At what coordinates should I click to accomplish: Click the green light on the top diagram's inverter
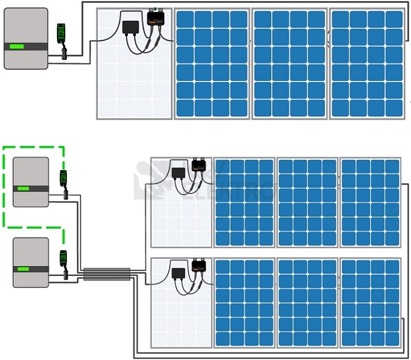coord(17,46)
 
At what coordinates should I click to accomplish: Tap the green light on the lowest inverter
coord(23,268)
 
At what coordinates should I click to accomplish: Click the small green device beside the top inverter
coord(61,33)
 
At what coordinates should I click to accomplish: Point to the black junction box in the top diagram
coord(131,27)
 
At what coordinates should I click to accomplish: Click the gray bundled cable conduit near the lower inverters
coord(107,274)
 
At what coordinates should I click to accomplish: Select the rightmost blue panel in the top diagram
coord(367,64)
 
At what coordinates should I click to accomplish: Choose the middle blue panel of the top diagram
coord(290,64)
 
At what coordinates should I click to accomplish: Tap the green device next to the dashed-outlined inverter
coord(63,178)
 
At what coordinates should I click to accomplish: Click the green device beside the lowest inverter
coord(63,259)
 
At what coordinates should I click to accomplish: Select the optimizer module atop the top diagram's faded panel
coord(155,19)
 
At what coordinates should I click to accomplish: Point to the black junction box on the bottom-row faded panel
coord(178,273)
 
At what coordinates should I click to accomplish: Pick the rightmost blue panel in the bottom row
coord(371,303)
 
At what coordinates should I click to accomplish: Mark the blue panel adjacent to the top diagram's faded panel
coord(212,64)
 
